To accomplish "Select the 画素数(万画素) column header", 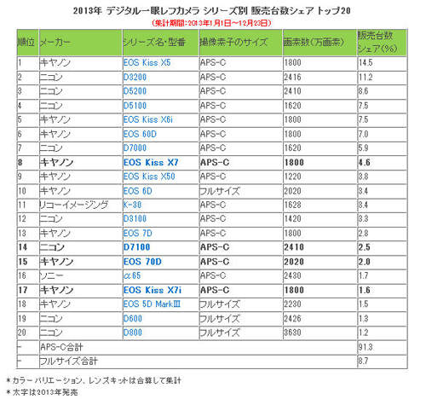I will pyautogui.click(x=309, y=42).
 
